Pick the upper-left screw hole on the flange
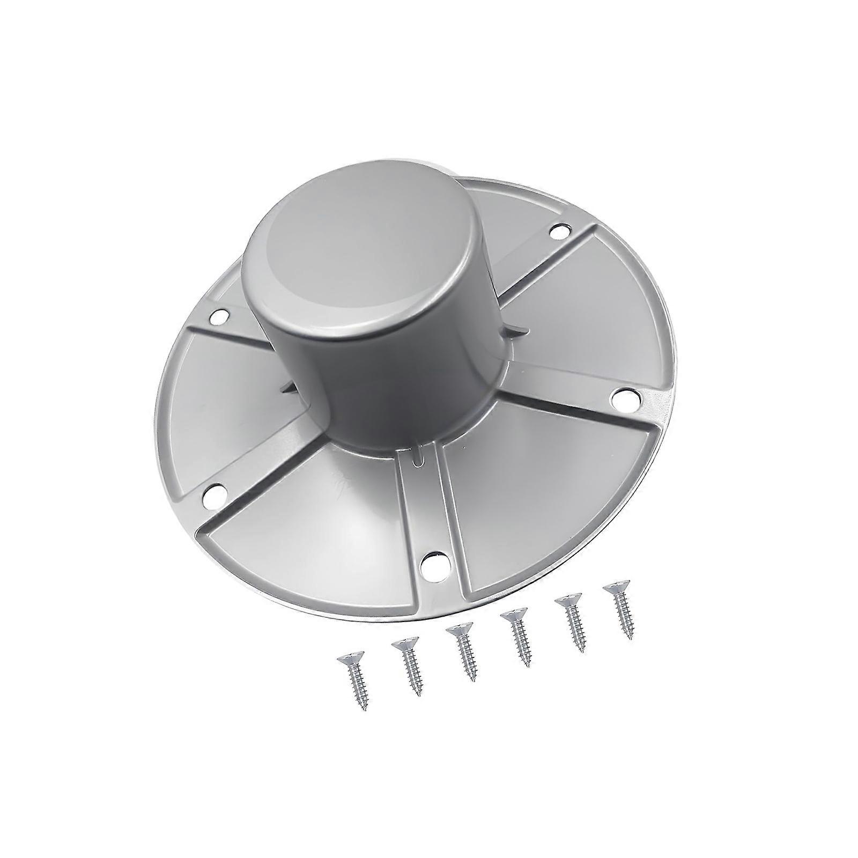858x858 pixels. click(x=219, y=317)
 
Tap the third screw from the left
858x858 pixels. click(x=462, y=651)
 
